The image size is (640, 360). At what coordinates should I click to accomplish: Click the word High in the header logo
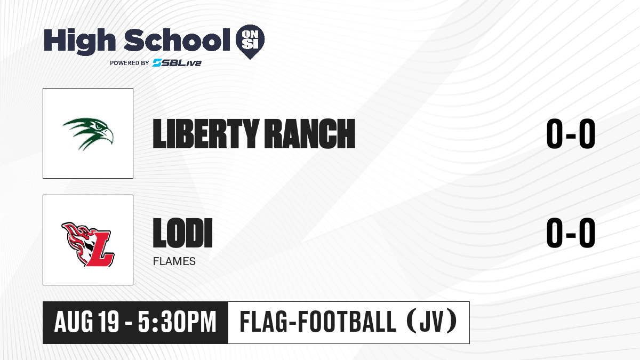[79, 41]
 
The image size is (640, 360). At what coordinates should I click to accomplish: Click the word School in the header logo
[177, 40]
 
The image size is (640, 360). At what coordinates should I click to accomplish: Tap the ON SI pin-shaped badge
[250, 42]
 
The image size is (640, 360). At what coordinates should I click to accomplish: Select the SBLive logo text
[177, 62]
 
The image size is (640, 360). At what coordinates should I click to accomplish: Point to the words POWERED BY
[130, 63]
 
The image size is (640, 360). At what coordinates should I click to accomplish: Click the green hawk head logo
[88, 134]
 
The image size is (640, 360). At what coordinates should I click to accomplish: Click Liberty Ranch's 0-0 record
[571, 134]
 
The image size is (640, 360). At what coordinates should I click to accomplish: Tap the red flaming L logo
[88, 244]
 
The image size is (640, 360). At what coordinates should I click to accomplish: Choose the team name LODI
[183, 233]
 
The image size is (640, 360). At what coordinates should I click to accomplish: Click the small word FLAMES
[174, 261]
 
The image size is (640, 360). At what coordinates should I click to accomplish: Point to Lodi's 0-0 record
[571, 233]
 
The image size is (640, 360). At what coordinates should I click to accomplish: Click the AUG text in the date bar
[74, 322]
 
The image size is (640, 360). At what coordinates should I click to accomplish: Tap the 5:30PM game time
[177, 322]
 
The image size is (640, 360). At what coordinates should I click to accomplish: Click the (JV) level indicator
[432, 322]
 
